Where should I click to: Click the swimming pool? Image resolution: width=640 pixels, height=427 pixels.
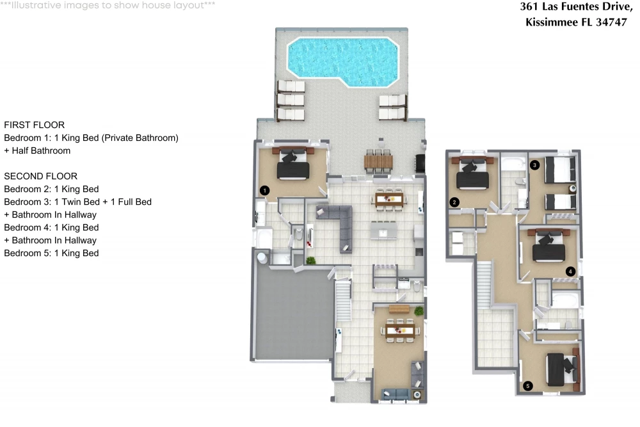343,61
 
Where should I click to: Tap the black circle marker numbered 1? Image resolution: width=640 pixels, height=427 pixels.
264,190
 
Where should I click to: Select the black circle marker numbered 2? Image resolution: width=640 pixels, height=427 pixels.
454,202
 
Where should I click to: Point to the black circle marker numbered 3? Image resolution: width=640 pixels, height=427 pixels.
534,165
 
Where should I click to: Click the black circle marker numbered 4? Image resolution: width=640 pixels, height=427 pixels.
570,271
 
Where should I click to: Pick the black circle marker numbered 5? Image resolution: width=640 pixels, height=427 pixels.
528,386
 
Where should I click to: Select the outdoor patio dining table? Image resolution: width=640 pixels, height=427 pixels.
378,162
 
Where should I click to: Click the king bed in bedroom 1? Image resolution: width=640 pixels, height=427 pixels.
292,163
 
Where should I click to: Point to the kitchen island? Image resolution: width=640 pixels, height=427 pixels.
383,230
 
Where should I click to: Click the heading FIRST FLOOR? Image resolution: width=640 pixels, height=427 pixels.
35,125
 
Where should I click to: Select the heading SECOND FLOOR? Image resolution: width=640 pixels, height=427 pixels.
41,176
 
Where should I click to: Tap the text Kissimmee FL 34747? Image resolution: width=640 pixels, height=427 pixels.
577,22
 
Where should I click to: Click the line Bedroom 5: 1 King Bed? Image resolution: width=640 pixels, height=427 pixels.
51,253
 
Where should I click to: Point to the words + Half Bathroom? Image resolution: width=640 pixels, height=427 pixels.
37,150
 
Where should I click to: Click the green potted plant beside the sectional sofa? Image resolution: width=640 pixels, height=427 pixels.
311,260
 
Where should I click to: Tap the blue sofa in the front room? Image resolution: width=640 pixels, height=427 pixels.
396,394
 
